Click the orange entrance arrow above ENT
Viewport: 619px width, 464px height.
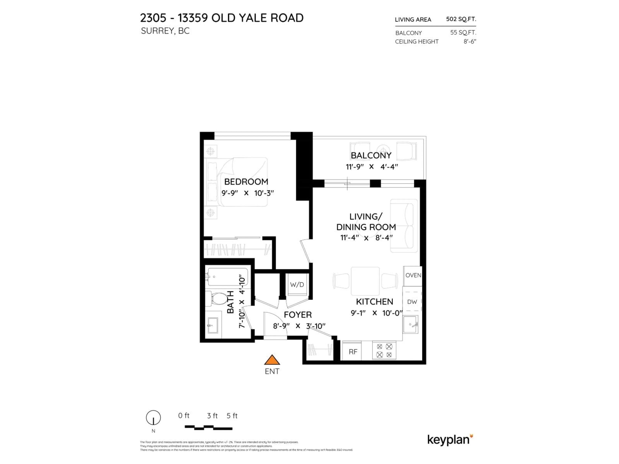click(272, 360)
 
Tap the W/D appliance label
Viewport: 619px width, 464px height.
click(297, 285)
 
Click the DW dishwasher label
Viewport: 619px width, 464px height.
click(412, 302)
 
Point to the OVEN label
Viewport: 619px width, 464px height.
click(413, 275)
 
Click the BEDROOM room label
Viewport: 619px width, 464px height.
click(246, 182)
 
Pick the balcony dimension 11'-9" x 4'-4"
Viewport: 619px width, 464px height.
click(372, 167)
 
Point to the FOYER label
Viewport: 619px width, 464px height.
click(297, 315)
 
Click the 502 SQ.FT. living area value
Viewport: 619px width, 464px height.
click(461, 19)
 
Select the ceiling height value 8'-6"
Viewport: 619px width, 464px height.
click(470, 41)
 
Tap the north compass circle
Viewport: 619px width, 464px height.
click(153, 418)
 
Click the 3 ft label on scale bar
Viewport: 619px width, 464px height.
click(212, 416)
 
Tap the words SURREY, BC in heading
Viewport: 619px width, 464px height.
click(165, 31)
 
